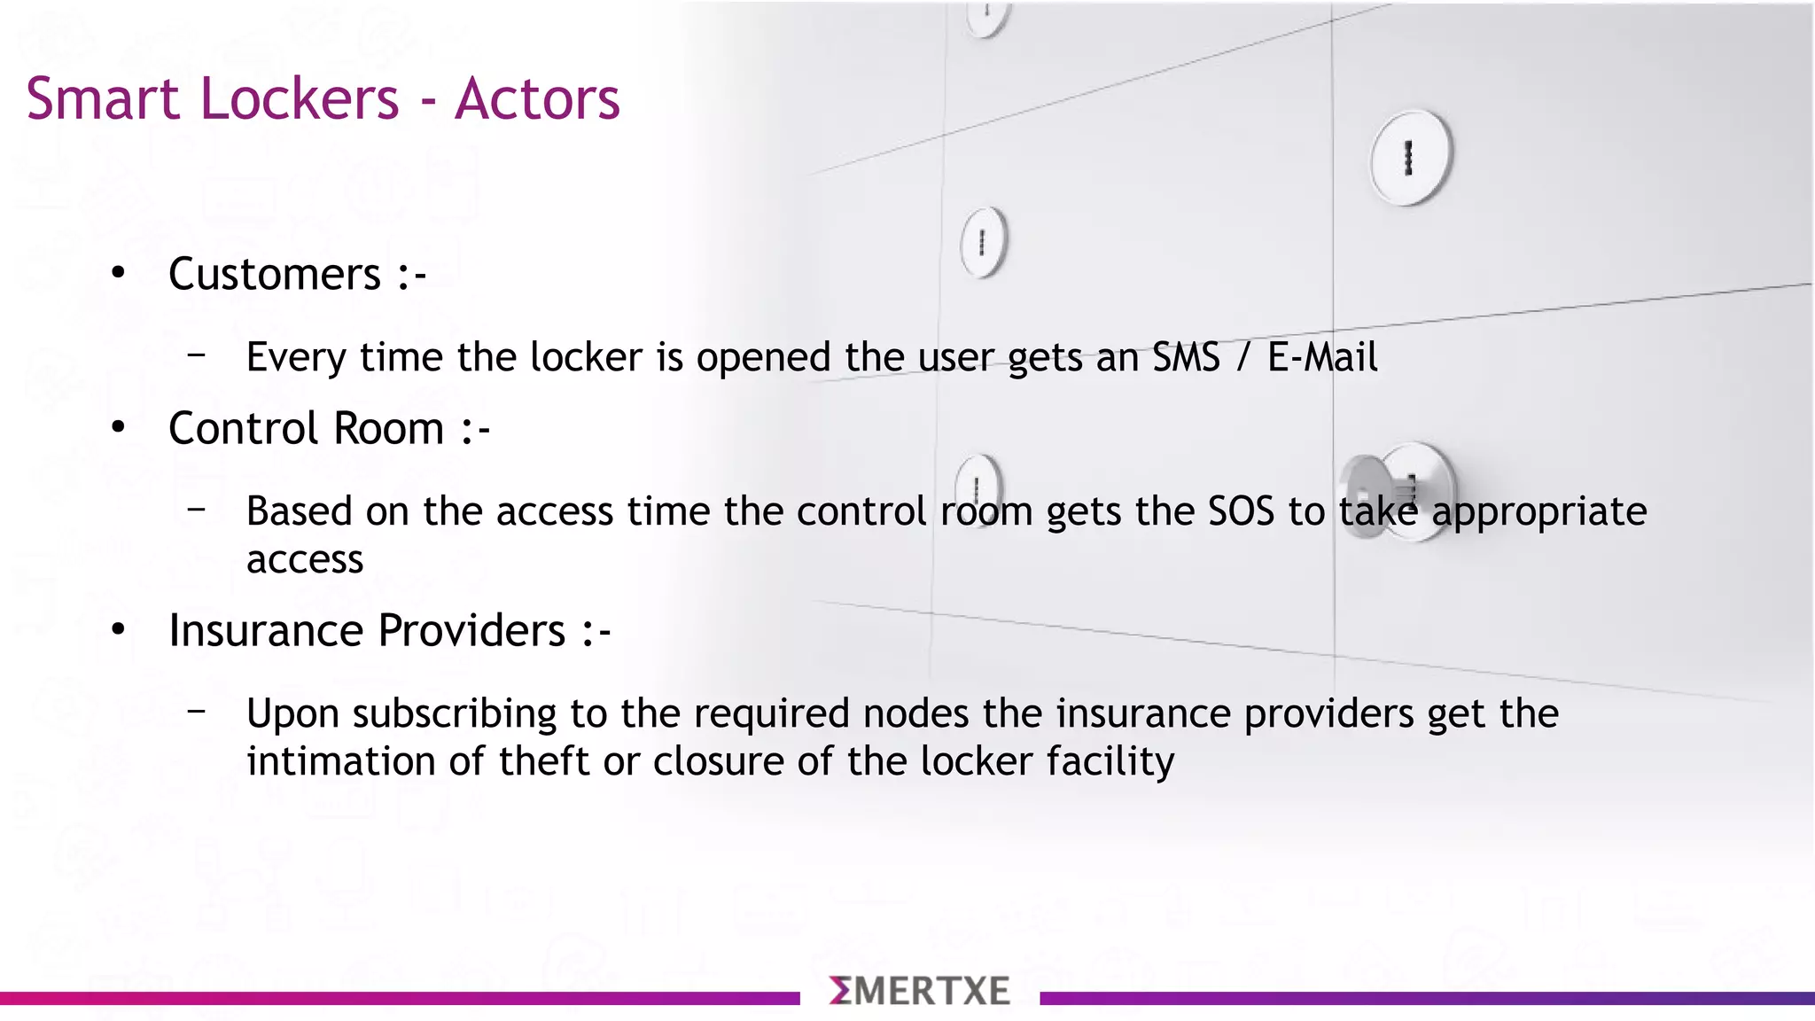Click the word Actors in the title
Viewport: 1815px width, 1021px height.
point(537,98)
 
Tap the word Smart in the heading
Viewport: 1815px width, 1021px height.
point(102,98)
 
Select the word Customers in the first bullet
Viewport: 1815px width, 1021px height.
point(275,274)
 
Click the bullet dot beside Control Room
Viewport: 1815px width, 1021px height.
point(119,428)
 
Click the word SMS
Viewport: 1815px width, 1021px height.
point(1186,357)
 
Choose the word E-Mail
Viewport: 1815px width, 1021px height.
point(1322,357)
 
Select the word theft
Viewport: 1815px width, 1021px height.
point(544,761)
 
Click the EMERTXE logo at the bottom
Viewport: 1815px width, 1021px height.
point(920,991)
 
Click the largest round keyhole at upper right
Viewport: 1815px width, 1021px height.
point(1410,158)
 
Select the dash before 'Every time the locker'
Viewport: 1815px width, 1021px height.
point(197,355)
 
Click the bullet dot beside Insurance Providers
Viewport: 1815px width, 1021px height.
point(119,630)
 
